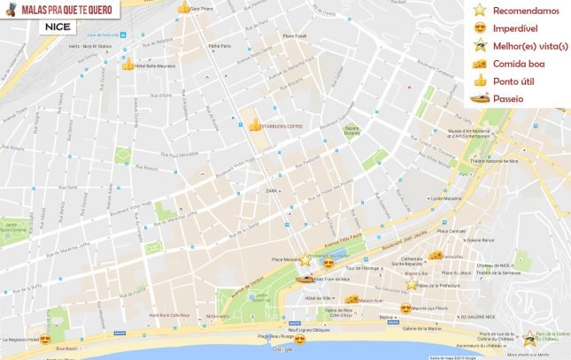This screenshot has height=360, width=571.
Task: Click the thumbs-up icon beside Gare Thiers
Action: click(x=184, y=7)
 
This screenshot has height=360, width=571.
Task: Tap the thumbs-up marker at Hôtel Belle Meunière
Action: click(x=127, y=65)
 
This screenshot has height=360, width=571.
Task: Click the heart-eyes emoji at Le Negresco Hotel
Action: click(x=45, y=339)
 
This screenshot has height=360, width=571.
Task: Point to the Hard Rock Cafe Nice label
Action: click(x=167, y=315)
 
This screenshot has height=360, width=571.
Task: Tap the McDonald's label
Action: click(x=218, y=315)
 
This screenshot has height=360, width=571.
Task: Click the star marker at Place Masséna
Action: click(x=305, y=260)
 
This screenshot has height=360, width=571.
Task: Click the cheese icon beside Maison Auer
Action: click(x=352, y=300)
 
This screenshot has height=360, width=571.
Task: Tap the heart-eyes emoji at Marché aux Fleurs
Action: click(x=405, y=309)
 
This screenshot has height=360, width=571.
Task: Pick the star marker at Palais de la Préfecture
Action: click(x=412, y=286)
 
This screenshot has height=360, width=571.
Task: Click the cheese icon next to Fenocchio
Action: click(x=436, y=255)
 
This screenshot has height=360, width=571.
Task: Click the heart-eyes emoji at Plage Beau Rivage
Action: click(x=299, y=338)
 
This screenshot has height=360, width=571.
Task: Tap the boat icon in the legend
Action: click(x=481, y=99)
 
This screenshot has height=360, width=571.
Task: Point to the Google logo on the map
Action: click(x=282, y=349)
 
